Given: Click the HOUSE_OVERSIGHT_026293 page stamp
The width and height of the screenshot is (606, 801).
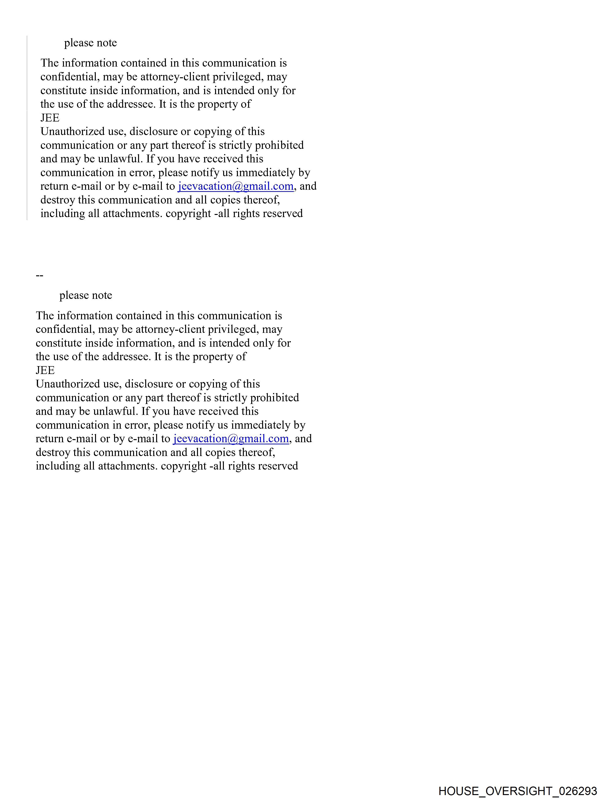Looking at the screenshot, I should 518,791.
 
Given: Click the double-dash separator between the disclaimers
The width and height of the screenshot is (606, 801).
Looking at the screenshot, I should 39,276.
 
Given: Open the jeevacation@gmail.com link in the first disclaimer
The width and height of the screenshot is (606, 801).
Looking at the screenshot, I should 235,186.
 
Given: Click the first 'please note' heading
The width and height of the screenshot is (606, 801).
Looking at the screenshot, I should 91,43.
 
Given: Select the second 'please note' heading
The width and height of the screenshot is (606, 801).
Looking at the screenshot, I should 86,295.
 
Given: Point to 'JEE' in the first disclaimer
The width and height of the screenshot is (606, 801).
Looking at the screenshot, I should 50,118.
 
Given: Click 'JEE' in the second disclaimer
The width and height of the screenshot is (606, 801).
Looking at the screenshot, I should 45,370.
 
